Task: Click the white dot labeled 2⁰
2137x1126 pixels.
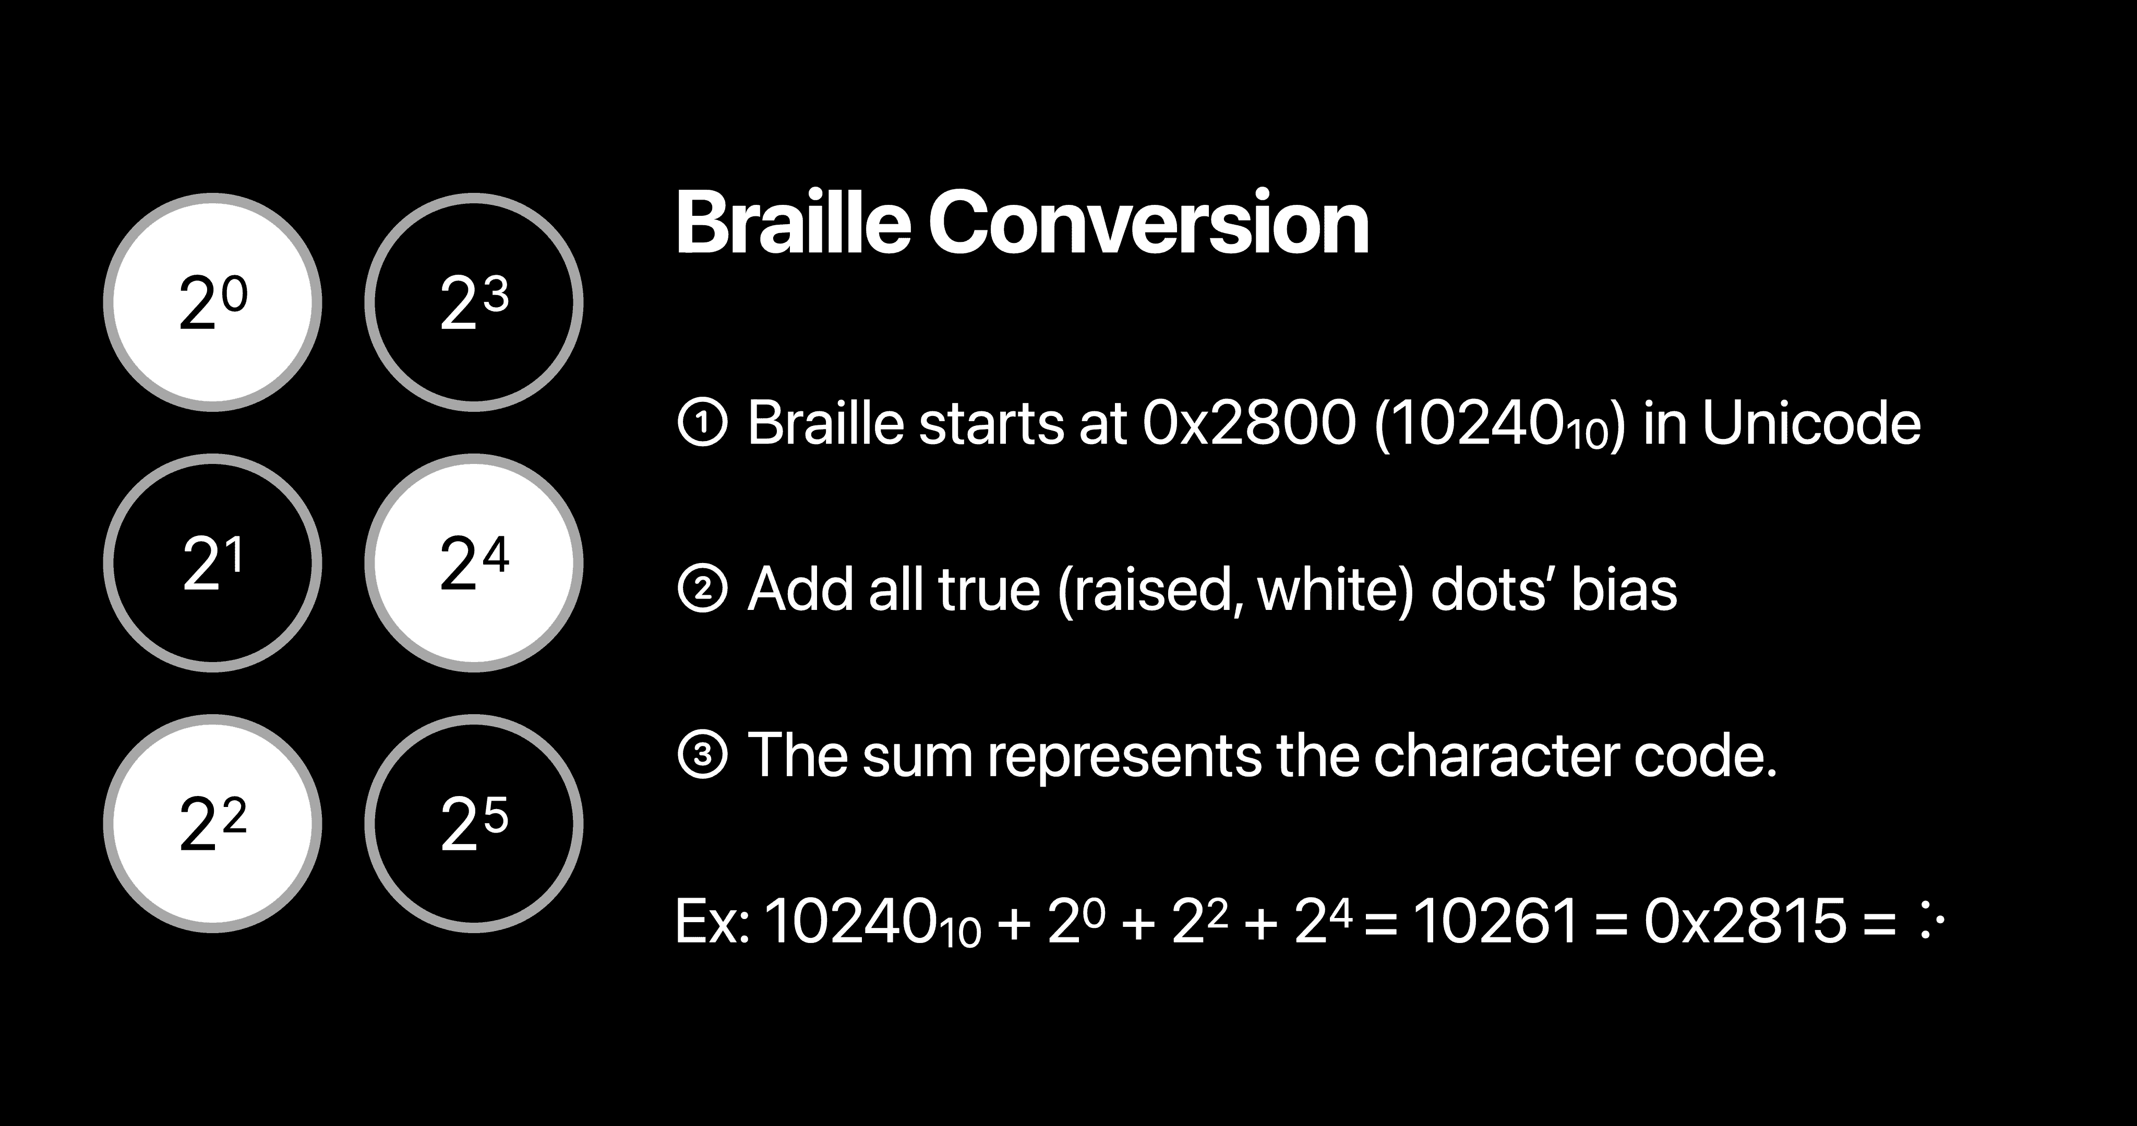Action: coord(212,303)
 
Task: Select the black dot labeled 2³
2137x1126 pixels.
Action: coord(474,303)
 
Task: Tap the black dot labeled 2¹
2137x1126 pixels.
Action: coord(212,563)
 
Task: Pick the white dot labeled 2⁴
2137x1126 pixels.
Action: coord(474,563)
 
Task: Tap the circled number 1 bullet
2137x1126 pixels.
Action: coord(703,424)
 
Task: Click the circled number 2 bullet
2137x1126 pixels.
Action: coord(703,590)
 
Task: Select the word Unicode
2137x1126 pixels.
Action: coord(1812,424)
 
